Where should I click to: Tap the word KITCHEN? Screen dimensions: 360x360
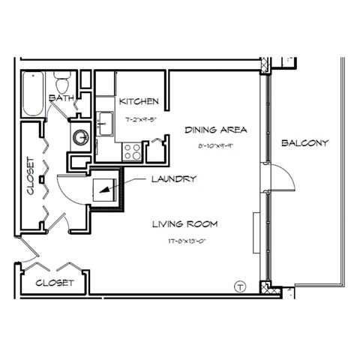pos(139,101)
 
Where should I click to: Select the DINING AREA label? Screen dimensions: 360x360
pos(216,130)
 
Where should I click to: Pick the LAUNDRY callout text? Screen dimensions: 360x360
pos(173,179)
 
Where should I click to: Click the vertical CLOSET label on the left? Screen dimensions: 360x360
pos(31,175)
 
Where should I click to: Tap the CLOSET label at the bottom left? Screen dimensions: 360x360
pos(55,283)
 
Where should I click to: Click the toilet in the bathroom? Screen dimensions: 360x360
pos(63,79)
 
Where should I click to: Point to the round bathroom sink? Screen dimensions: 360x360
pos(80,137)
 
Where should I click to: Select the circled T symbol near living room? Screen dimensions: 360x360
pos(240,286)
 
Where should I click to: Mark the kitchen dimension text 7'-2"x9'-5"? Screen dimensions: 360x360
pos(139,118)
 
